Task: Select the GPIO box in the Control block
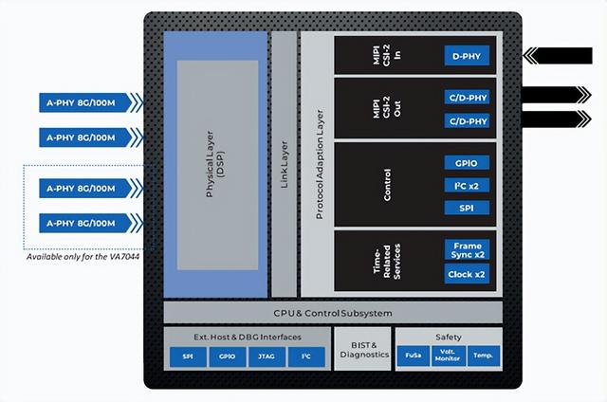467,162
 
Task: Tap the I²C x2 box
467,185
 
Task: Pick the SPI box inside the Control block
467,208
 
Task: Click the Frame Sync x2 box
467,250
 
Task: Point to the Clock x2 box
467,275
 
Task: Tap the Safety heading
449,337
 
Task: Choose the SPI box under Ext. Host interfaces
187,356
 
